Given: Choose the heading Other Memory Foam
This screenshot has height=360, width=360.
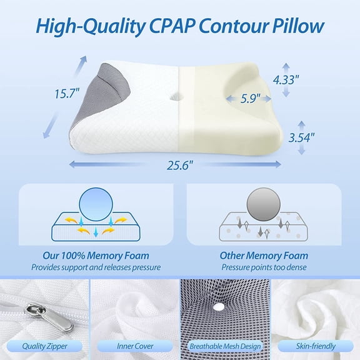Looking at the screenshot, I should (x=264, y=256).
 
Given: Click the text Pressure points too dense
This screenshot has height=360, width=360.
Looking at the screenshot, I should (x=264, y=267).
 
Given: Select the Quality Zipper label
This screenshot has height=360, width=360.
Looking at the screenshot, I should (x=44, y=346).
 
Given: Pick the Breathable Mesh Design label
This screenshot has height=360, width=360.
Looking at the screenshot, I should (x=224, y=346).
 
